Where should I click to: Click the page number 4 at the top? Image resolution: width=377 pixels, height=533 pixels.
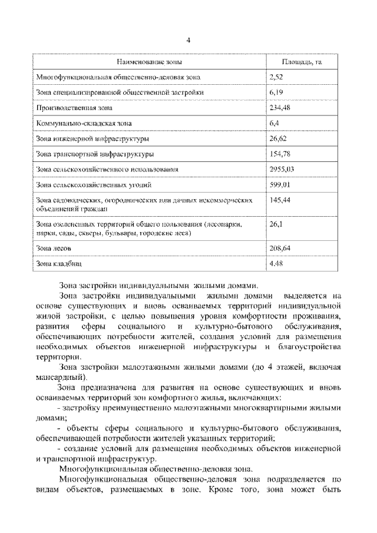pos(188,40)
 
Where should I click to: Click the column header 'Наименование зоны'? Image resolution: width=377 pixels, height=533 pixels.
pos(148,61)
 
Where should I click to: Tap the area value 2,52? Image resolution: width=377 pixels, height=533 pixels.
pos(276,77)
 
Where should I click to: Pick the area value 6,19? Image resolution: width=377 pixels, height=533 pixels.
pos(276,92)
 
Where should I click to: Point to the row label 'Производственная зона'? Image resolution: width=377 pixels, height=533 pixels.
pos(74,108)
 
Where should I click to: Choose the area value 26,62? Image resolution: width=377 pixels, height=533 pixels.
pos(278,138)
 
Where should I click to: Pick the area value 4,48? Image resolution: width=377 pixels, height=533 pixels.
pos(276,264)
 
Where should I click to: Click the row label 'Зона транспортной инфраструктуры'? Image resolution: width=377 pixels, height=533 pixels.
pos(95,154)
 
